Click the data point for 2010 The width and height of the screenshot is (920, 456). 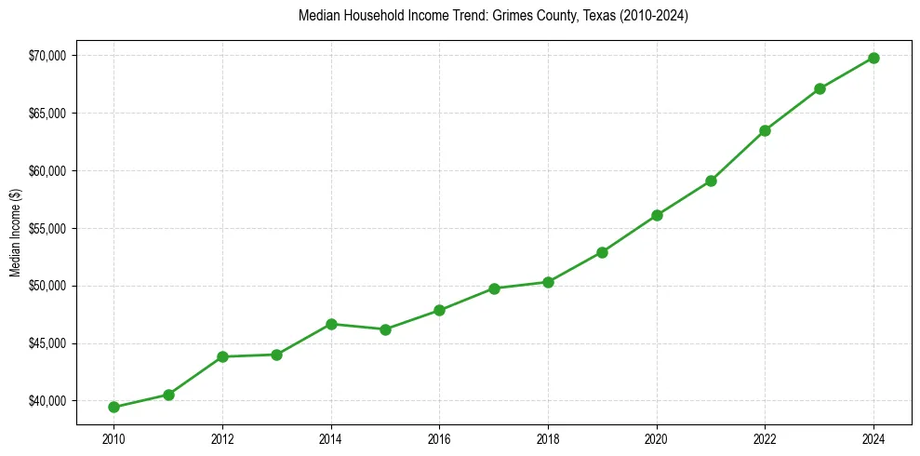click(x=113, y=407)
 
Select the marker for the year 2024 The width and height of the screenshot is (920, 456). click(x=873, y=58)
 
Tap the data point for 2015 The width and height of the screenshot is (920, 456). click(x=385, y=329)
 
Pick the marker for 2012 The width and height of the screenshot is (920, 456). click(x=222, y=356)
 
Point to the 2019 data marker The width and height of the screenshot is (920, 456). click(x=602, y=252)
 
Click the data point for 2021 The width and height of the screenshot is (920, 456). click(x=711, y=181)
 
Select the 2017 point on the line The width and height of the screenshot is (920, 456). click(x=494, y=288)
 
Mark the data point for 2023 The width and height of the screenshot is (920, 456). click(x=820, y=88)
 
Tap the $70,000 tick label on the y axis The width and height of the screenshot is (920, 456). click(x=47, y=56)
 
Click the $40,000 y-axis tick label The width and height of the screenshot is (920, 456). click(x=47, y=401)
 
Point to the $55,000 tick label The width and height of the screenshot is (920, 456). click(x=47, y=229)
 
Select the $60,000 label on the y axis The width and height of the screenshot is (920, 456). click(x=47, y=171)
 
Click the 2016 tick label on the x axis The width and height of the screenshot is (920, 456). click(x=439, y=437)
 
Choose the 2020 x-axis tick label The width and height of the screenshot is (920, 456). click(x=657, y=437)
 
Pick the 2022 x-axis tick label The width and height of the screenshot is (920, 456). click(x=765, y=437)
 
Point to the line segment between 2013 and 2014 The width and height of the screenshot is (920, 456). click(x=304, y=339)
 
